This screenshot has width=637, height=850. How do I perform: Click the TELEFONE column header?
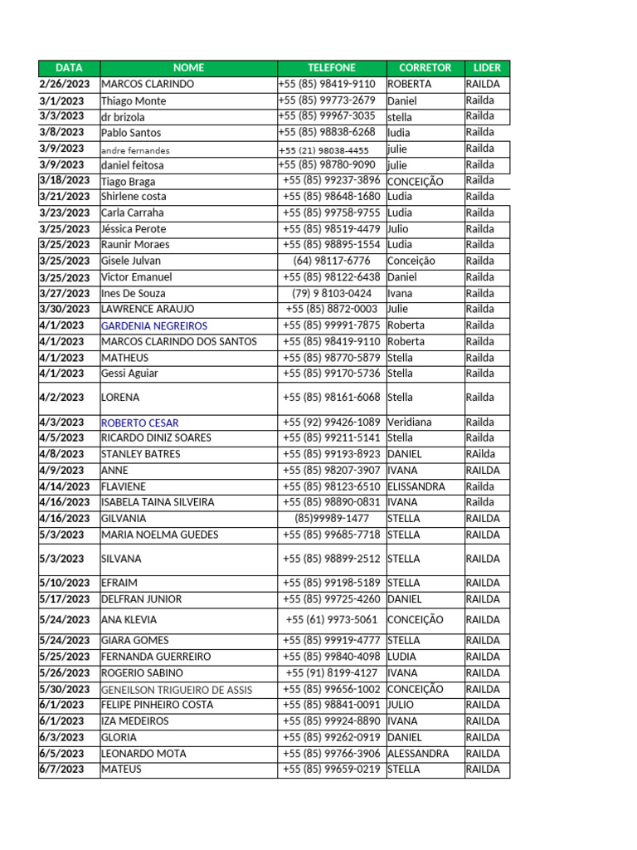(332, 68)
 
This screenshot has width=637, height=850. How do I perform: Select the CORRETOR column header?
(425, 68)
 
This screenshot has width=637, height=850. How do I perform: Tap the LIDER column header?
(487, 68)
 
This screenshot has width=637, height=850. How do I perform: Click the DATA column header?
(69, 68)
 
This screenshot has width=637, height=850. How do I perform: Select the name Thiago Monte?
(134, 100)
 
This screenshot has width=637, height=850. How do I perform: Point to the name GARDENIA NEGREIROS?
(154, 326)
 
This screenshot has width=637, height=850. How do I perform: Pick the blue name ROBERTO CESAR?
(139, 423)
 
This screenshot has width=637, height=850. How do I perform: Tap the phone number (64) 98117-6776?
(332, 261)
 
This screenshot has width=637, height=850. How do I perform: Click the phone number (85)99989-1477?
(332, 518)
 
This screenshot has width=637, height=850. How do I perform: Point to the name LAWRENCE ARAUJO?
(148, 309)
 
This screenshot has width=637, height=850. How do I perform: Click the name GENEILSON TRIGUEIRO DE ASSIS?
(177, 690)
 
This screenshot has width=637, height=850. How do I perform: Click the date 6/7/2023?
(62, 769)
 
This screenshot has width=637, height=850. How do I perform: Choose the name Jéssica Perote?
(134, 229)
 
